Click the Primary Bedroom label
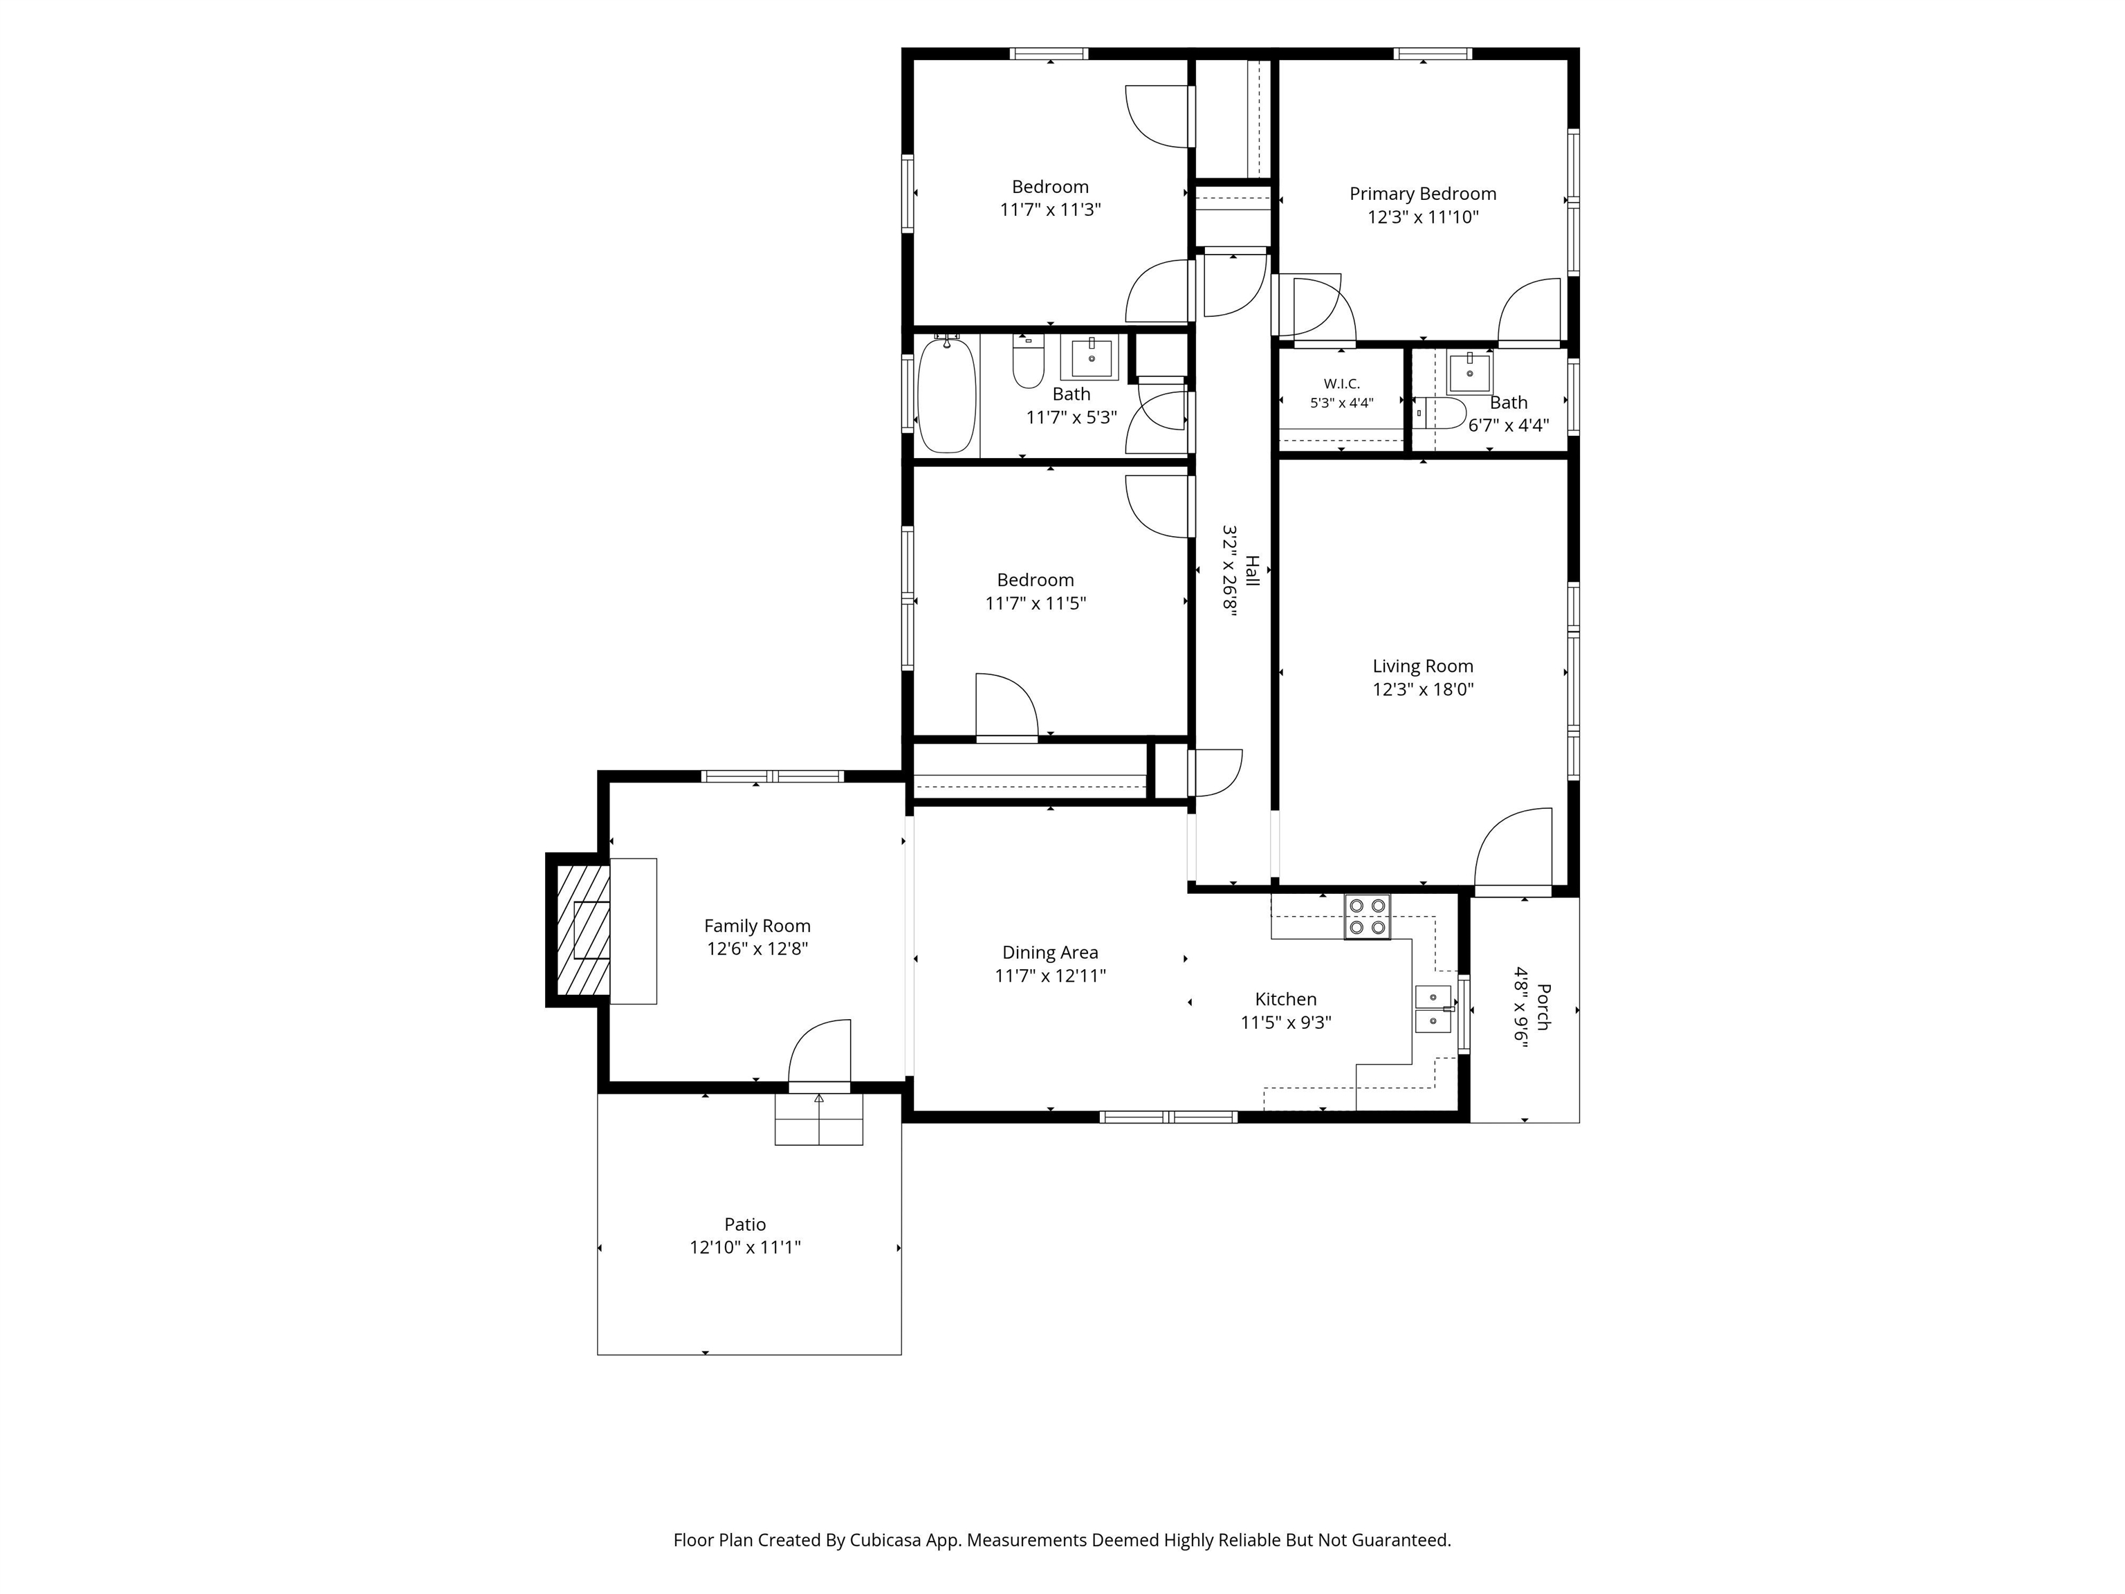1423,194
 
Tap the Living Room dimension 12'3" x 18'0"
1423,689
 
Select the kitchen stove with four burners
1367,917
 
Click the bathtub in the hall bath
947,394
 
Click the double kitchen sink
1433,1008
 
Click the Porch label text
1543,1007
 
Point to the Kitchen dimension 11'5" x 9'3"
1285,1023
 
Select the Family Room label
757,926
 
